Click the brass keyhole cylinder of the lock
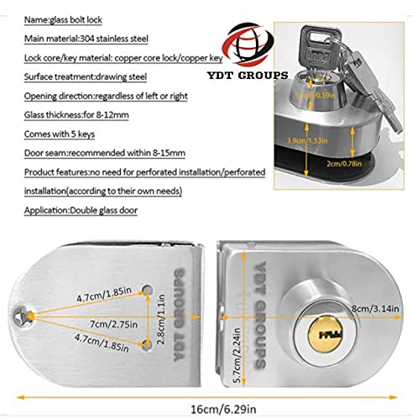[326, 334]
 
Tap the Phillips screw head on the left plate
[22, 317]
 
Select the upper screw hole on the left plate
[148, 290]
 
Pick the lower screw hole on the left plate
[147, 344]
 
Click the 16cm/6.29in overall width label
[223, 409]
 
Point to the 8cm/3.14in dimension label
[375, 308]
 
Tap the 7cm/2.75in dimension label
[114, 324]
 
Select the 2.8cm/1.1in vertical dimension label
[161, 319]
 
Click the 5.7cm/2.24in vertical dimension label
[237, 355]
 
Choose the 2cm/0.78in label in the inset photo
[344, 163]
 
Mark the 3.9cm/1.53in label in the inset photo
[307, 140]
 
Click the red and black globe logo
[248, 45]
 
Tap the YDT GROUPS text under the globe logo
[248, 75]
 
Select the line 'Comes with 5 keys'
[60, 134]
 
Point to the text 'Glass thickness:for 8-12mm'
[76, 115]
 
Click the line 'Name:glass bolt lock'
[63, 19]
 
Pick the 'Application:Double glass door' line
[81, 210]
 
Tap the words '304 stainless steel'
[114, 39]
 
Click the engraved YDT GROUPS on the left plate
[180, 314]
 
